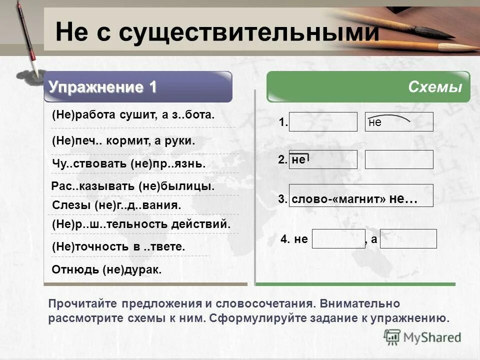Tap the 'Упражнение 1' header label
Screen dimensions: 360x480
pyautogui.click(x=103, y=87)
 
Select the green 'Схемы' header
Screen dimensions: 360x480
pyautogui.click(x=434, y=87)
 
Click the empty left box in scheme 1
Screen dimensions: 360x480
pyautogui.click(x=323, y=122)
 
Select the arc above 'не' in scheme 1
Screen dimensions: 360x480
pyautogui.click(x=390, y=117)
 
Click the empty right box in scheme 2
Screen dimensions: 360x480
pyautogui.click(x=399, y=159)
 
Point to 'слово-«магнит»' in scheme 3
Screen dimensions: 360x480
pyautogui.click(x=338, y=199)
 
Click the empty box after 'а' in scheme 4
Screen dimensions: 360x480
pyautogui.click(x=411, y=239)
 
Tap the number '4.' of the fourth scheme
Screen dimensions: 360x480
pyautogui.click(x=285, y=239)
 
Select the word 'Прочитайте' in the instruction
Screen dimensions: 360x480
pyautogui.click(x=78, y=303)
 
